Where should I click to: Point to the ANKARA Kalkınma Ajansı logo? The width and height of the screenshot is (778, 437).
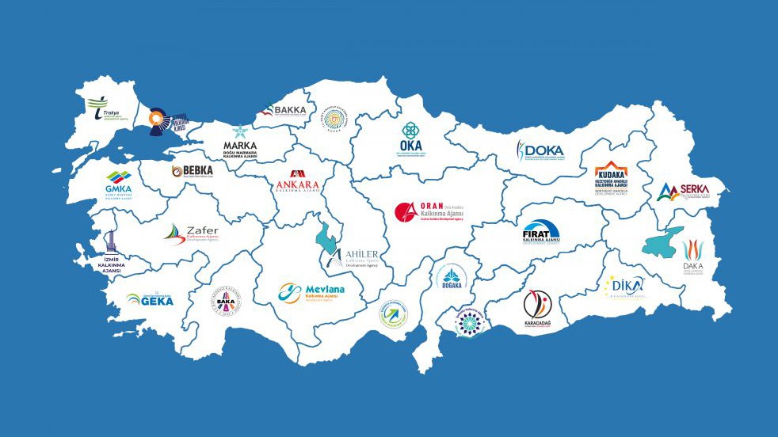tap(297, 183)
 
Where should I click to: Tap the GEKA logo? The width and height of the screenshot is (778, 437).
tap(150, 299)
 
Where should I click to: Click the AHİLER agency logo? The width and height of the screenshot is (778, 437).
tap(353, 256)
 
